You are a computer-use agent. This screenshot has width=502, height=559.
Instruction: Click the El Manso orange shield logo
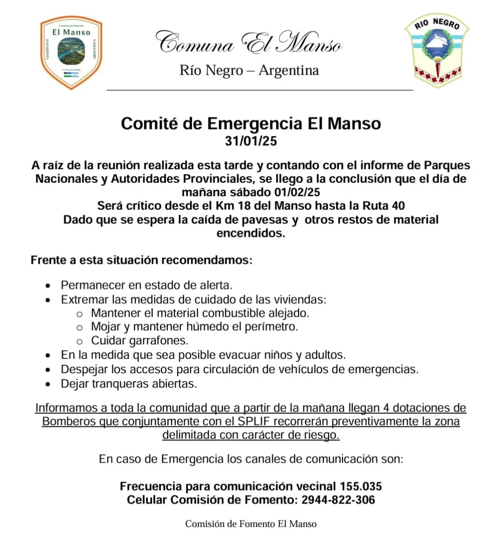pos(71,52)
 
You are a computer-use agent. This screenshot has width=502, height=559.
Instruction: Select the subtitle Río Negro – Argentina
pos(249,70)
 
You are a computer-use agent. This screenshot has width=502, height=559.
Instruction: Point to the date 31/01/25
pos(251,141)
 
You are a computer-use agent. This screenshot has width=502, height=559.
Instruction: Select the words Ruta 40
pos(384,206)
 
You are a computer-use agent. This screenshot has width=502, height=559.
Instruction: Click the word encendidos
pos(251,233)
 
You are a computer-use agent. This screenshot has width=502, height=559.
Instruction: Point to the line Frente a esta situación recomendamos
pos(141,260)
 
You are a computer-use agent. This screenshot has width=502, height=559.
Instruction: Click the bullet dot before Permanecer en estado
pos(48,286)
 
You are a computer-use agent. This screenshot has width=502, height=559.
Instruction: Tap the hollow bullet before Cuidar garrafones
pos(79,341)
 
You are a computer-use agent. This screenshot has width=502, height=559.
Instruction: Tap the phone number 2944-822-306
pos(338,500)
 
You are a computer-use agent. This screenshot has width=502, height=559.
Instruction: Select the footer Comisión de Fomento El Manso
pos(251,524)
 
